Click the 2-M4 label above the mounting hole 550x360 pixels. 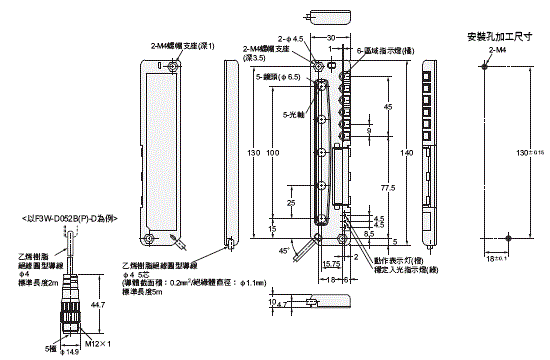click(x=490, y=49)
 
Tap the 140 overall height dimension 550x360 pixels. click(x=405, y=153)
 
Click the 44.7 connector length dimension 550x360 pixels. click(x=96, y=304)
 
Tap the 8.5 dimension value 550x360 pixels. click(x=369, y=232)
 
